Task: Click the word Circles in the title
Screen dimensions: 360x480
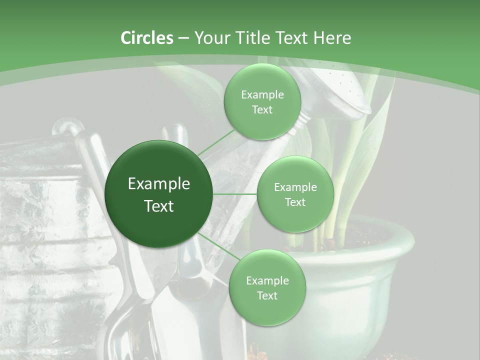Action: tap(146, 38)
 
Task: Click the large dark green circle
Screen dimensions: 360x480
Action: tap(159, 194)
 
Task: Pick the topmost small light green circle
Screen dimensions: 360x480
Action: tap(262, 102)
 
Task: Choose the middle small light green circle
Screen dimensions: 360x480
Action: tap(295, 194)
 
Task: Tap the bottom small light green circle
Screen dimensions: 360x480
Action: tap(267, 287)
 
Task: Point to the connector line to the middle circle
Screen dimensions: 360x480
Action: tap(235, 194)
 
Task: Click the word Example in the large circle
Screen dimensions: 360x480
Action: tap(159, 184)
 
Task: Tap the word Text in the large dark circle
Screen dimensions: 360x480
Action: tap(159, 205)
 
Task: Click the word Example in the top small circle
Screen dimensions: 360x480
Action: tap(262, 95)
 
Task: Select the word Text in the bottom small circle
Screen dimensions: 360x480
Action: tap(267, 295)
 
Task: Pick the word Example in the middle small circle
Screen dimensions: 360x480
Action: tap(295, 187)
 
